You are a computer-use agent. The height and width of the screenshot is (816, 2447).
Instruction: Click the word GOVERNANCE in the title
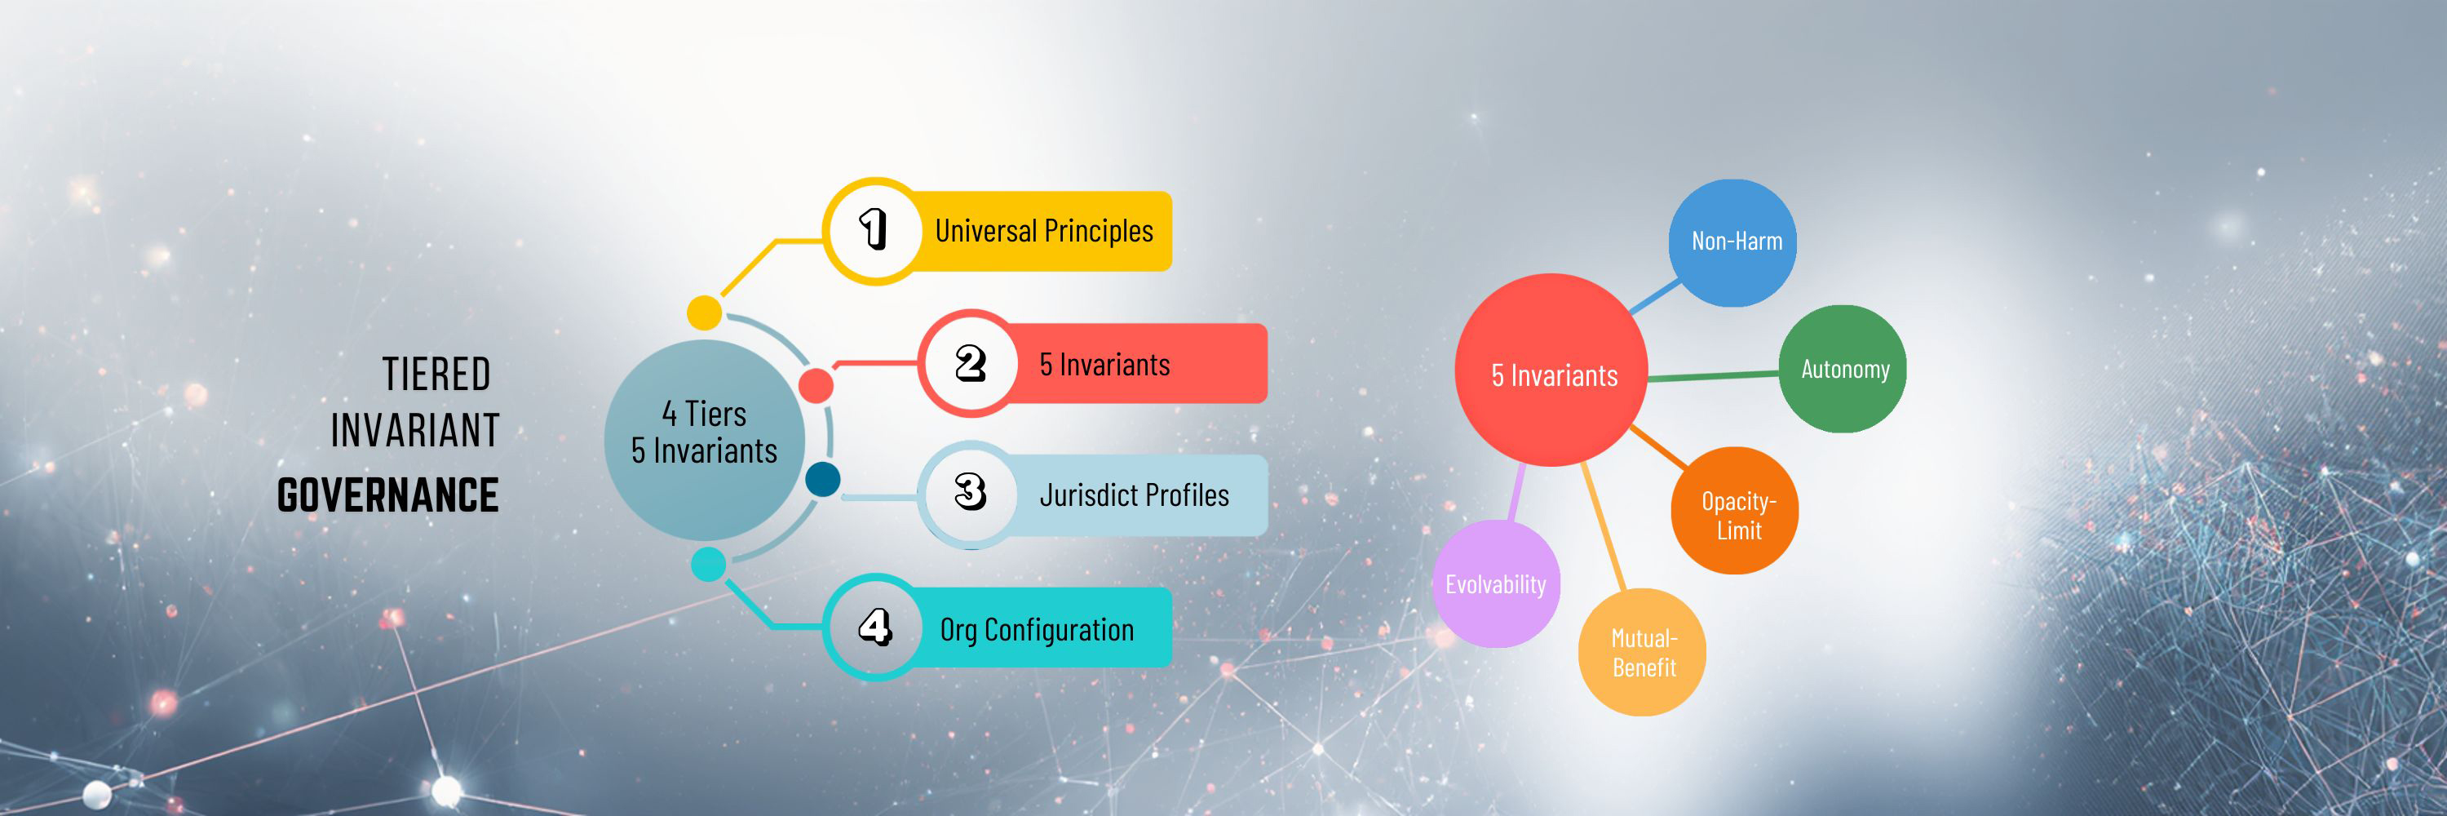387,496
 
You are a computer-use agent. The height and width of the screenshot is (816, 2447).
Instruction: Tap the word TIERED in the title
436,375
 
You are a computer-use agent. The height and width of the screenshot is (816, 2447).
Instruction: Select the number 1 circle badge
874,231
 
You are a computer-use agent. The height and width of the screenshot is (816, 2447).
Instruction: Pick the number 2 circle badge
970,363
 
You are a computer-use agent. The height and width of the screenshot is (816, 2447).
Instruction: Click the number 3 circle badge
970,493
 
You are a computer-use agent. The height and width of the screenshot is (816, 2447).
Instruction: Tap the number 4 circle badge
874,627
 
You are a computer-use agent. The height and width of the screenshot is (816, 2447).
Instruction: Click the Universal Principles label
1044,231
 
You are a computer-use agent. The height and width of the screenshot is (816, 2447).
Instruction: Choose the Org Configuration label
1037,629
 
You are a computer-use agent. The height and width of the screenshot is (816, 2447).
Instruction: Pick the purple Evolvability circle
1495,584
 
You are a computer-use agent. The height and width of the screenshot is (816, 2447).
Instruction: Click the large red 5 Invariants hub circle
1551,370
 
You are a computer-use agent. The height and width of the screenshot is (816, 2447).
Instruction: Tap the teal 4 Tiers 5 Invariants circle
704,440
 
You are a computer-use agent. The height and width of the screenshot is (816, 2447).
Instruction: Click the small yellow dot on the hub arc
704,313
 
